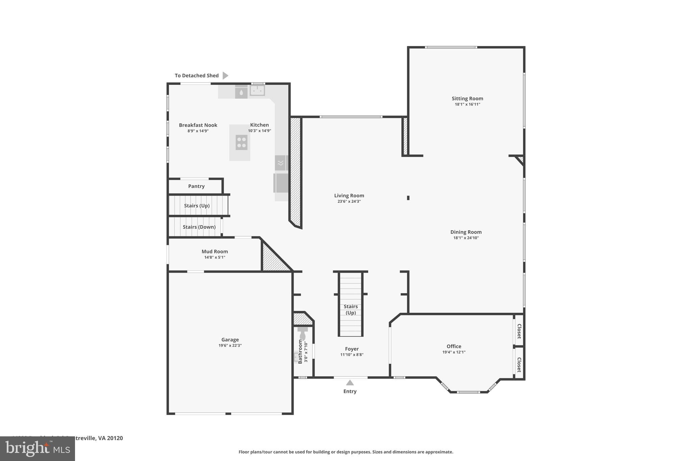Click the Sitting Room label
467,99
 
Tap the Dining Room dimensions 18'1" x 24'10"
466,238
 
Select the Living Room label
349,196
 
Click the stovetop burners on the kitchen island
241,142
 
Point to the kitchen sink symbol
257,91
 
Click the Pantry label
196,186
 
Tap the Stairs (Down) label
199,227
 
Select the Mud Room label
215,252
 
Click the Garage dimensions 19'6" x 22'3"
230,345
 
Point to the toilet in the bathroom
303,334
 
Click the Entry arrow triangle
350,383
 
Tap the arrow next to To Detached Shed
225,76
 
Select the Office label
454,346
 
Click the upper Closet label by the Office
519,331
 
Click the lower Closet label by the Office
519,364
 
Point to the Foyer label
352,349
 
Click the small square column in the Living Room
408,198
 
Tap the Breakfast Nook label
198,125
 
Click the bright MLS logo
38,449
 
